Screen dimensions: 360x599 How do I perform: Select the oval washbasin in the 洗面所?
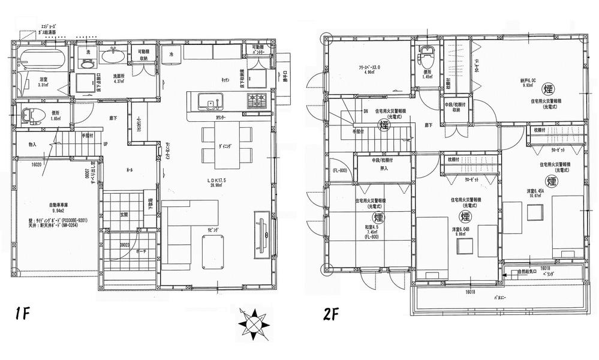point(112,58)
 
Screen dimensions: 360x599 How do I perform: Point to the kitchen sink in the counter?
point(211,106)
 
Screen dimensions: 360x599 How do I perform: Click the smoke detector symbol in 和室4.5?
point(378,217)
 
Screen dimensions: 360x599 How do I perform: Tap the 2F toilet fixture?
point(426,58)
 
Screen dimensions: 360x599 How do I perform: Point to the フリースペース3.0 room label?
point(370,68)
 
